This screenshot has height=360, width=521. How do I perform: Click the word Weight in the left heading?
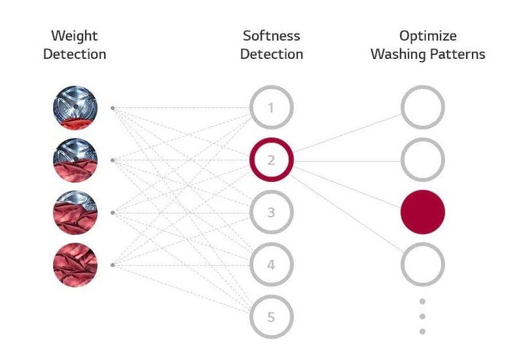pos(75,36)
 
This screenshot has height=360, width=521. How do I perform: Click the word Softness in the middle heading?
pos(272,36)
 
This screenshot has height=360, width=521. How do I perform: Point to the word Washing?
pos(398,55)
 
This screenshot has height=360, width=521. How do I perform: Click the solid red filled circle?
pos(423,212)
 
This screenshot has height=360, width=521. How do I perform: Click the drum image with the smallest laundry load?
pos(75,108)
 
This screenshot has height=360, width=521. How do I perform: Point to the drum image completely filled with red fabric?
pos(75,265)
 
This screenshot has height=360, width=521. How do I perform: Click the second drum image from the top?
pos(75,160)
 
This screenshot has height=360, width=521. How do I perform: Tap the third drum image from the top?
pos(75,213)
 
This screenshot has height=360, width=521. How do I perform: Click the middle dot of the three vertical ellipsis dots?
pos(422,316)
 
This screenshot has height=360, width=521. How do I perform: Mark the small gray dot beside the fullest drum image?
pos(113,265)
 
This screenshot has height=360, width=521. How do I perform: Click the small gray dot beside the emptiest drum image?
pos(113,108)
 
